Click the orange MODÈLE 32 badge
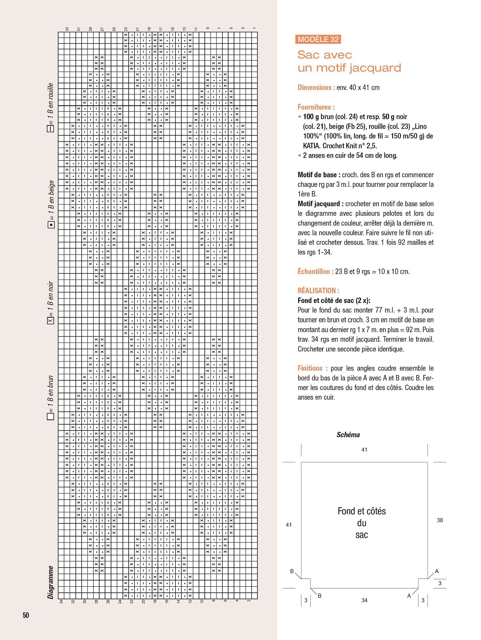(x=318, y=39)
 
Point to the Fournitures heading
(x=316, y=107)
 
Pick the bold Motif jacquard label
(x=319, y=204)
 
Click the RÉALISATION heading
(x=318, y=291)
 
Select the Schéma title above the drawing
(x=348, y=435)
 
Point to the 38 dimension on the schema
(x=439, y=520)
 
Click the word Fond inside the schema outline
(x=347, y=511)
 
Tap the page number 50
(x=26, y=615)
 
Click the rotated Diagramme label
(x=51, y=582)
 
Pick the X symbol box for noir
(x=51, y=321)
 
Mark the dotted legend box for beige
(x=51, y=224)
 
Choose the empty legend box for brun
(x=51, y=416)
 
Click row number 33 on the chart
(x=67, y=29)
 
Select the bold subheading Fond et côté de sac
(x=334, y=300)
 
